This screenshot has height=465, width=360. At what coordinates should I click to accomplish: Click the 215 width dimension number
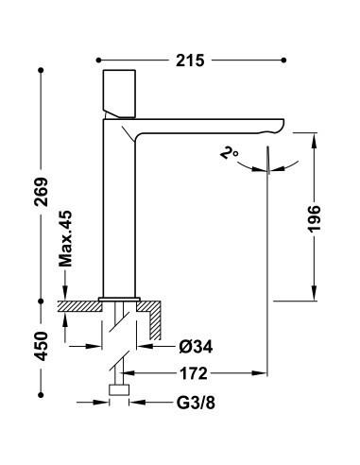pos(190,60)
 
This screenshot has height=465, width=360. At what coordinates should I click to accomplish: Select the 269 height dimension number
pos(41,192)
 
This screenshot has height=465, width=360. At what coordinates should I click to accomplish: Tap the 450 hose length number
pos(41,346)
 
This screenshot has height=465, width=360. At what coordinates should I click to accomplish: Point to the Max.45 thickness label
pos(66,238)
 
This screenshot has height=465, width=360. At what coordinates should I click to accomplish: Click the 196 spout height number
pos(314,219)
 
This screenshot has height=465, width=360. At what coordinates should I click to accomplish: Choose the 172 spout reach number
pos(194,373)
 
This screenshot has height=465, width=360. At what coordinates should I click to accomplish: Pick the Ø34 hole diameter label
pos(196,347)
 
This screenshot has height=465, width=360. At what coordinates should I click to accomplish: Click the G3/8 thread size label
pos(196,403)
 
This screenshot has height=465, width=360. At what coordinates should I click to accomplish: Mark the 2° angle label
pos(229,153)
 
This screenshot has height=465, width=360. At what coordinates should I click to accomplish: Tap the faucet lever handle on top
pos(119,94)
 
